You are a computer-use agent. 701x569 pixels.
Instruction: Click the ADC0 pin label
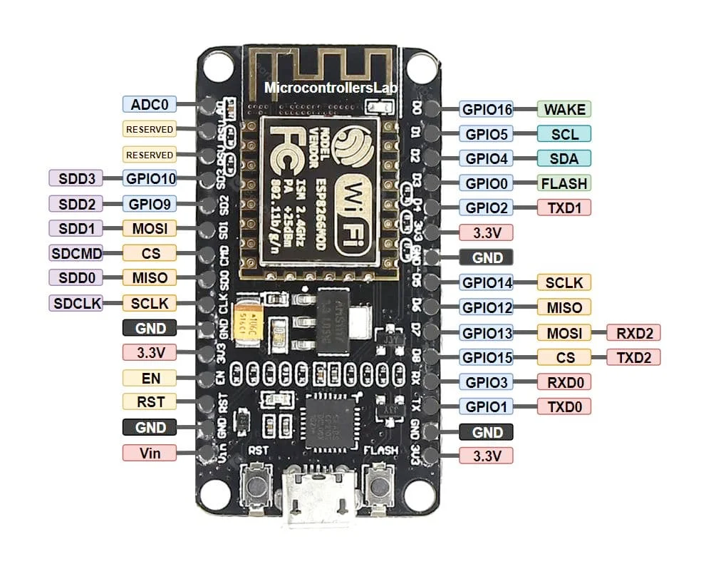tap(150, 105)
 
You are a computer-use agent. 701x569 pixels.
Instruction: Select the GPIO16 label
tap(487, 110)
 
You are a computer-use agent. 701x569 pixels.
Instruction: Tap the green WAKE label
tap(564, 110)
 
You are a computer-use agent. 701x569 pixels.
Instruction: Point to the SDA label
tap(564, 158)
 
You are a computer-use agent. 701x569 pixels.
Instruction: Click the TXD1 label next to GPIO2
tap(564, 207)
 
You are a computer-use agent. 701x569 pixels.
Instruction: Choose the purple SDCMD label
tap(76, 253)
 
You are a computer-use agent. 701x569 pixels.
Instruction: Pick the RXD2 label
tap(633, 332)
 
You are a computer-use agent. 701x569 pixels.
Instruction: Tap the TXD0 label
tap(564, 406)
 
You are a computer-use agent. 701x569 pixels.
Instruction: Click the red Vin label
tap(150, 452)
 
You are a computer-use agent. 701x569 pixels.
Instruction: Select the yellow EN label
tap(150, 378)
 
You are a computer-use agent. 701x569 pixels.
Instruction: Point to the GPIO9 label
tap(150, 203)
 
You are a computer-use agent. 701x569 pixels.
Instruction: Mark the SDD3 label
tap(76, 178)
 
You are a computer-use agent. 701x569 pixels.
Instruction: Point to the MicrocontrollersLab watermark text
tap(331, 88)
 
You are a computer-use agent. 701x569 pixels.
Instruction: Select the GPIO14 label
tap(487, 282)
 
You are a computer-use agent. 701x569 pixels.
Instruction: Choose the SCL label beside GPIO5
tap(564, 134)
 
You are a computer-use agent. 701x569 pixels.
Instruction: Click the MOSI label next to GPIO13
tap(564, 332)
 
